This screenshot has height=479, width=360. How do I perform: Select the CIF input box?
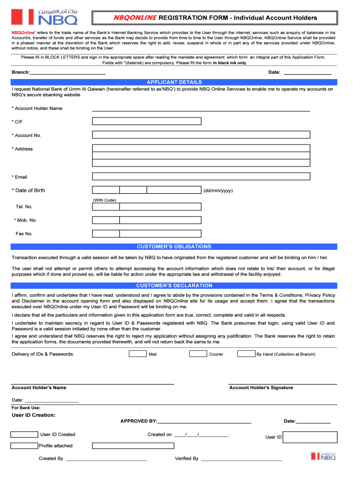coord(147,121)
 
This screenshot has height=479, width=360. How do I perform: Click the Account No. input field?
coord(201,135)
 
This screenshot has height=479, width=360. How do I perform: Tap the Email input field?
coord(201,176)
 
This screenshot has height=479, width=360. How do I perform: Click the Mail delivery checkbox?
coord(137,354)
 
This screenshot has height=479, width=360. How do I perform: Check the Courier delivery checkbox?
coord(198,354)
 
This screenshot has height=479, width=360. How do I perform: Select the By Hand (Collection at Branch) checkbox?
coord(246,354)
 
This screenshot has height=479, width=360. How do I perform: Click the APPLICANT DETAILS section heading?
coord(174,82)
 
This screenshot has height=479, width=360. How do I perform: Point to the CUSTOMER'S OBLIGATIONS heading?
coord(174,247)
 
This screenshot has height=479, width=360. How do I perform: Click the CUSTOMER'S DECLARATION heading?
coord(174,285)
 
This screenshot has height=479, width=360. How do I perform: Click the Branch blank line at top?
coord(68,73)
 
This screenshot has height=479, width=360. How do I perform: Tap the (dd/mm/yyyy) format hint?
coord(218,190)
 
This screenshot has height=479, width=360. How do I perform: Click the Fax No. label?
coord(24,233)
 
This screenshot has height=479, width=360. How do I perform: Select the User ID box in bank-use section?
coord(310,437)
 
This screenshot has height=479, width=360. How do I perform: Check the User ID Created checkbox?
coord(24,434)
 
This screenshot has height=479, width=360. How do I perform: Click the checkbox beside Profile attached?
coord(24,446)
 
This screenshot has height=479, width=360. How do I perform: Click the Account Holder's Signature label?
coord(261,387)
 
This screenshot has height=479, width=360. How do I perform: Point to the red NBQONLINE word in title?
coord(136,18)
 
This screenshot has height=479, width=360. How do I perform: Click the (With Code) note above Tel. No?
coord(104,200)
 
